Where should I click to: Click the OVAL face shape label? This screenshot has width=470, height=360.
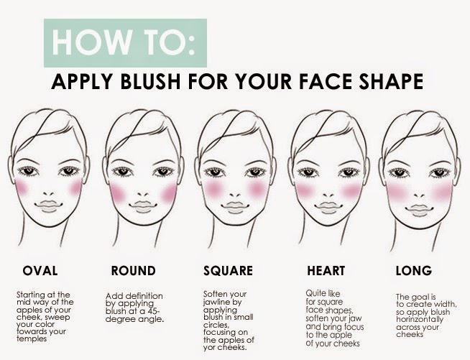click(40, 271)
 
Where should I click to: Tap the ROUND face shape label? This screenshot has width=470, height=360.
click(134, 271)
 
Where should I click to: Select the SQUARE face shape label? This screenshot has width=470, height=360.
click(228, 271)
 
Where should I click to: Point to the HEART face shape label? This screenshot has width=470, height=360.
click(326, 271)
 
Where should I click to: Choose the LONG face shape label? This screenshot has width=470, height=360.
click(414, 271)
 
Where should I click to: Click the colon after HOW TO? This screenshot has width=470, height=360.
click(190, 44)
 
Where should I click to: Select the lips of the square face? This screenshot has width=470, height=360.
click(235, 207)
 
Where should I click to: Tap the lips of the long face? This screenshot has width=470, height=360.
click(419, 210)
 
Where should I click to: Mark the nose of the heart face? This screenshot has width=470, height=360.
click(329, 195)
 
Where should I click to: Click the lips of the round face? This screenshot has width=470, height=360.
click(143, 206)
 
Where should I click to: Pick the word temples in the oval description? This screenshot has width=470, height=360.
click(32, 339)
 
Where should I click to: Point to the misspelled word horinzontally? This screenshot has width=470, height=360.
click(420, 320)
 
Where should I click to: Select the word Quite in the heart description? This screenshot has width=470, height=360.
click(315, 293)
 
